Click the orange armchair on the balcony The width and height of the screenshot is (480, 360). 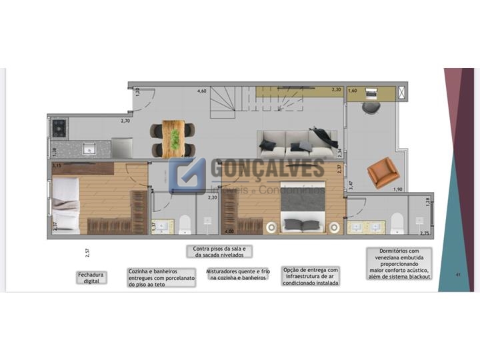click(x=382, y=171)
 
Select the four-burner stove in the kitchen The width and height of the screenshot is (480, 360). click(x=58, y=127)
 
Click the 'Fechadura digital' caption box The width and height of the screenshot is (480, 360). click(x=91, y=277)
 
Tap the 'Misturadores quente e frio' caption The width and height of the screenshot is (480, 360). click(x=237, y=274)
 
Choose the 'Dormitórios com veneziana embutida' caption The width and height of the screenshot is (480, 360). click(x=399, y=263)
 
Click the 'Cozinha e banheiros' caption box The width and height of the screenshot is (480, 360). click(x=161, y=277)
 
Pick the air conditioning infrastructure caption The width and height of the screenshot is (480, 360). click(x=311, y=276)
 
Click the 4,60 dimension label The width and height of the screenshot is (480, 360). click(x=201, y=91)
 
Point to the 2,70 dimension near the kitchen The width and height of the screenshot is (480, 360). click(x=125, y=121)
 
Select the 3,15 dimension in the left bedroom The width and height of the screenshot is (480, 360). click(x=57, y=165)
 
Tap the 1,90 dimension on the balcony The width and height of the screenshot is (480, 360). click(x=397, y=190)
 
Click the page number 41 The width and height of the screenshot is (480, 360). click(x=457, y=275)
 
